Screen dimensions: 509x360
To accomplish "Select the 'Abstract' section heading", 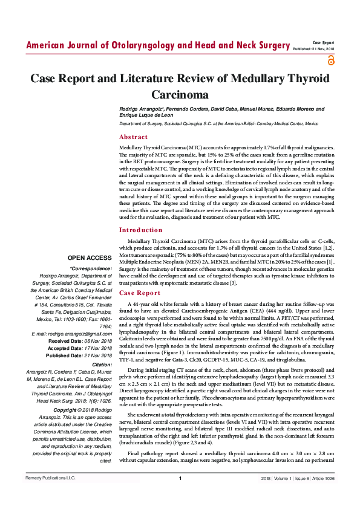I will [133, 137].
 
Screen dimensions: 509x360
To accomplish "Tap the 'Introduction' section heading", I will [141, 230].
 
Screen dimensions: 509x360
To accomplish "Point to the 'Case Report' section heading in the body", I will [140, 292].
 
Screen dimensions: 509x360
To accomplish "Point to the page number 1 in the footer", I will [180, 496].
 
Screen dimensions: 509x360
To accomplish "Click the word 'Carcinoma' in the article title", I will [180, 95].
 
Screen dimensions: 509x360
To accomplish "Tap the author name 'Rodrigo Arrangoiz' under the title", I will [141, 108].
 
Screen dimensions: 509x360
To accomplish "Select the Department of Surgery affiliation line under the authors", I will [218, 123].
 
